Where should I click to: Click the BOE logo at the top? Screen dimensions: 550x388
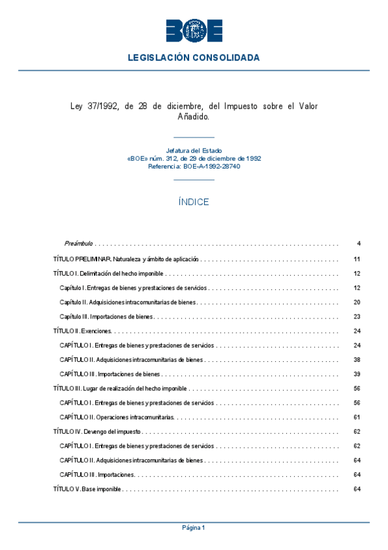coord(194,30)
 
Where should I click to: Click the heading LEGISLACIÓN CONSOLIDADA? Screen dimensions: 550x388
coord(194,58)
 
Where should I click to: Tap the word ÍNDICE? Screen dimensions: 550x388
coord(194,202)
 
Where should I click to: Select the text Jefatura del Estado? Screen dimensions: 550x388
coord(194,150)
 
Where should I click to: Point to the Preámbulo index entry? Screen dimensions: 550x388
coord(79,244)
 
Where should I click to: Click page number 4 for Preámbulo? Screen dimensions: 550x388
coord(358,244)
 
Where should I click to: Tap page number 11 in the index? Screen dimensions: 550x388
coord(357,259)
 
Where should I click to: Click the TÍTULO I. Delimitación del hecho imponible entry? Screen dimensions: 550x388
coord(108,274)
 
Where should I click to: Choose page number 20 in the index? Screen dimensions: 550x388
coord(357,302)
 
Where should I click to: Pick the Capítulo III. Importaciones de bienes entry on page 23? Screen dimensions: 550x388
coord(107,317)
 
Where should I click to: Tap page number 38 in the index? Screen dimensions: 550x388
coord(357,359)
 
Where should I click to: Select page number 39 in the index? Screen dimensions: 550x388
coord(357,374)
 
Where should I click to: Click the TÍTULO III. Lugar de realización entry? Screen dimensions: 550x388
coord(120,389)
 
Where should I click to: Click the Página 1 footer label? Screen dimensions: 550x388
coord(194,528)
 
